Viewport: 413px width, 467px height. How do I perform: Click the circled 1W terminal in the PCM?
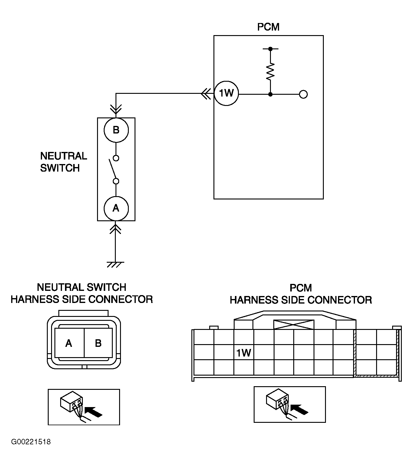click(226, 93)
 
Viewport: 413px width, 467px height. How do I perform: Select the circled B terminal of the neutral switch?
click(116, 130)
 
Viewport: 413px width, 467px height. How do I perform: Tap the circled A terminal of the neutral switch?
click(116, 208)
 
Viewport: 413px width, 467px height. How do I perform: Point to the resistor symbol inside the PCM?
click(270, 71)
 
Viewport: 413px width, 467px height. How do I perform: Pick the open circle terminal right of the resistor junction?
click(303, 94)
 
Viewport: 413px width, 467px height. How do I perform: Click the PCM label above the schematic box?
click(268, 27)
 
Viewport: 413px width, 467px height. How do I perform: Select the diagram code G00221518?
click(31, 442)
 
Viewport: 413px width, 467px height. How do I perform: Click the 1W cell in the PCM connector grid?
click(244, 353)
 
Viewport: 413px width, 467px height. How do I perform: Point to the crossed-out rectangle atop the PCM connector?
click(294, 324)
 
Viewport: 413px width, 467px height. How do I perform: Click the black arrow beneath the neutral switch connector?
click(93, 412)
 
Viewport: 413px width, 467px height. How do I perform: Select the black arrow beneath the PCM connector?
click(299, 409)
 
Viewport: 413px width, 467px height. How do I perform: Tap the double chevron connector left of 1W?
click(206, 94)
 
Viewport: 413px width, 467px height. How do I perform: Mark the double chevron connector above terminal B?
click(116, 109)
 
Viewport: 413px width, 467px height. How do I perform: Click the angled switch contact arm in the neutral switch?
click(113, 169)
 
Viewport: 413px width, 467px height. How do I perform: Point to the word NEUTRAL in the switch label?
click(63, 156)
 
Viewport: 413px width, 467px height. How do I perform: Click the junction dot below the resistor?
click(270, 94)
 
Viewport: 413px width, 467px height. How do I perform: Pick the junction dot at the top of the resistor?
click(270, 49)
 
